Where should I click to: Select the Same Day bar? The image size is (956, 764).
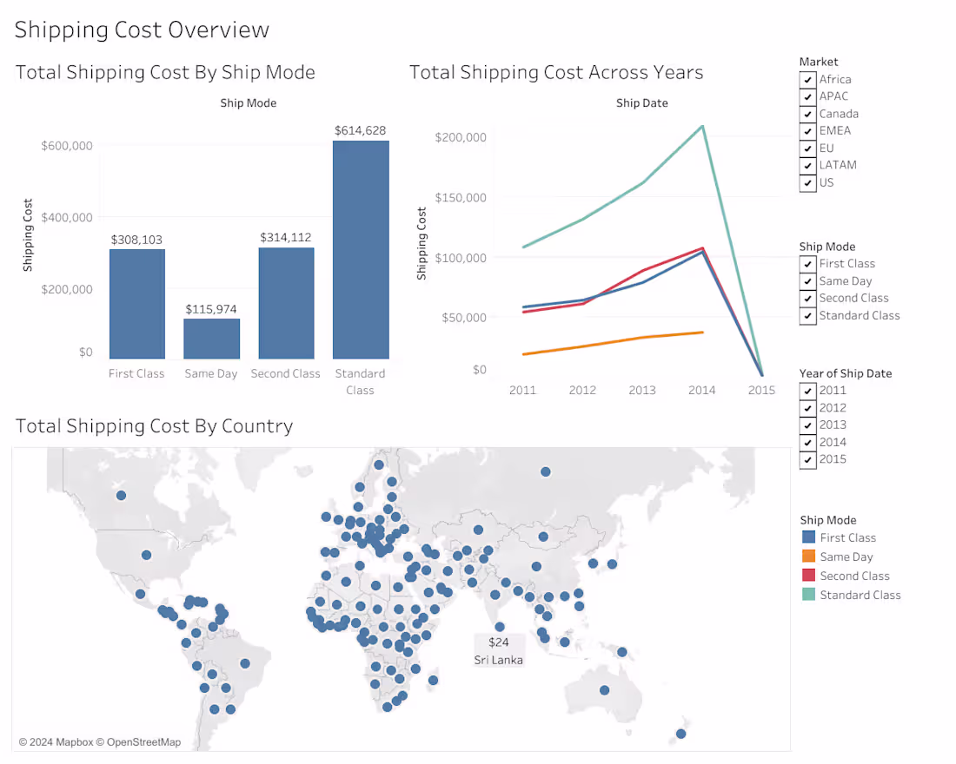211,339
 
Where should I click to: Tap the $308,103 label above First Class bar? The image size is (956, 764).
136,240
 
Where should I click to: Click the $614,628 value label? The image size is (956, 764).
361,130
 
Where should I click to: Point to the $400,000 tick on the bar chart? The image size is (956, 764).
67,217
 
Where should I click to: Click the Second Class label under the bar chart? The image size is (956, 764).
285,373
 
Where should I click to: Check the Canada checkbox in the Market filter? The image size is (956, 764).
808,114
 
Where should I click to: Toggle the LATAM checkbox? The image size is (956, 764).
808,165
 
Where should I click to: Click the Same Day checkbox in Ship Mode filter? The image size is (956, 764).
808,281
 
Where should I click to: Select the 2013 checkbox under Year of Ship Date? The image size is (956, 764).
808,425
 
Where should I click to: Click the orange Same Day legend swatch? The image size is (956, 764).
808,557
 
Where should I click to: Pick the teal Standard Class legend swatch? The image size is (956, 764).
808,595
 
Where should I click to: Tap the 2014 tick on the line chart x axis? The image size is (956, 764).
701,390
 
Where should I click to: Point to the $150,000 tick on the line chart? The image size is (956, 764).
461,197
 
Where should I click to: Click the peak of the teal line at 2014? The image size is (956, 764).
702,126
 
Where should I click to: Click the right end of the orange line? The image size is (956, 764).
702,332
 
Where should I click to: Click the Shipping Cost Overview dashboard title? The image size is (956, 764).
142,30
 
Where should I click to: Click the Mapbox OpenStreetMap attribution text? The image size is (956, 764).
100,741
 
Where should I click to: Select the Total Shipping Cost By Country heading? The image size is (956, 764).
155,426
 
